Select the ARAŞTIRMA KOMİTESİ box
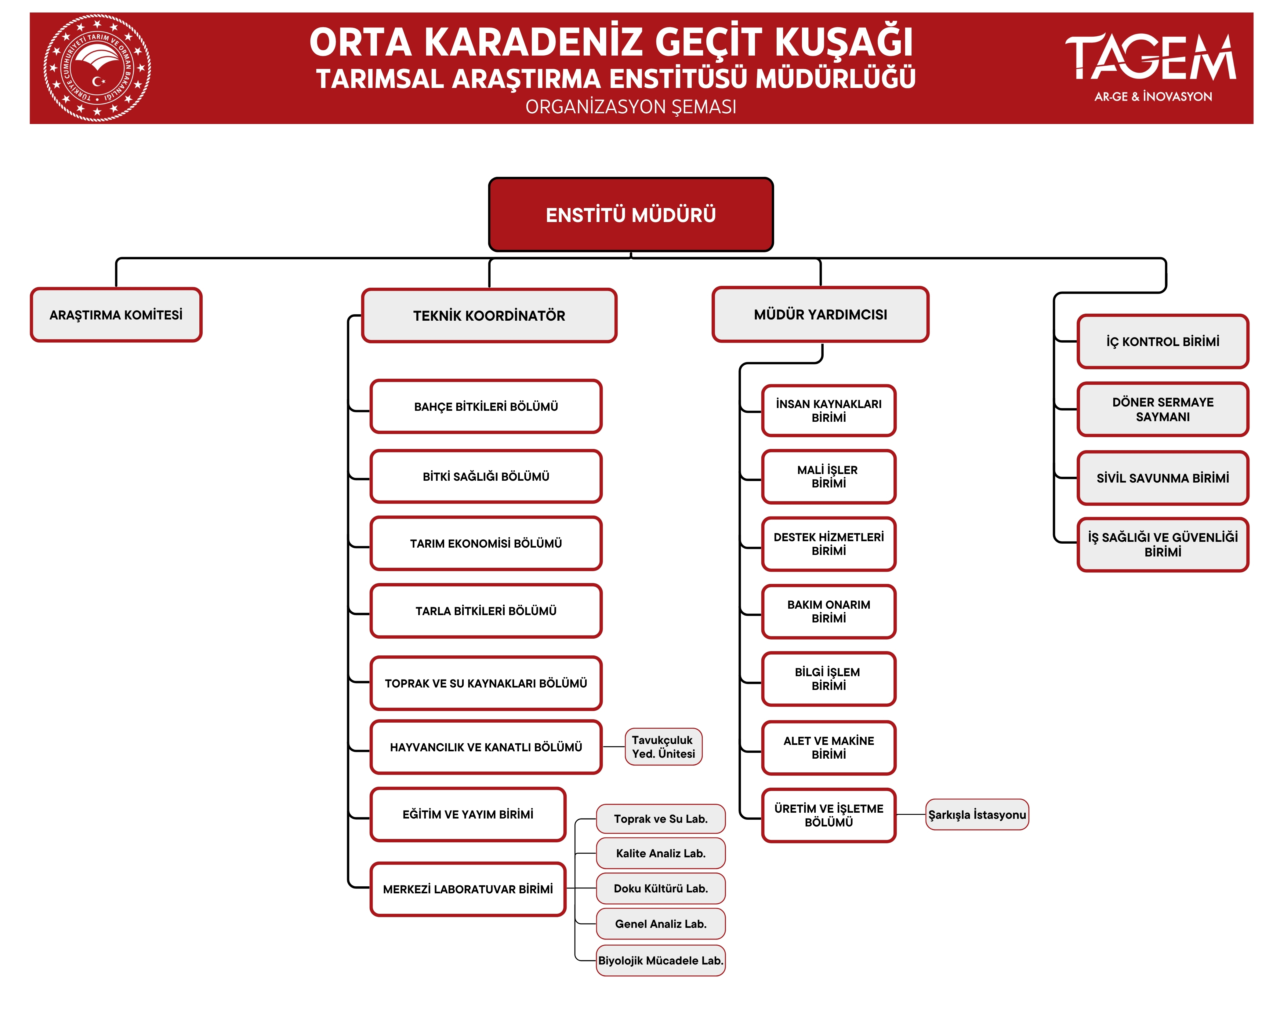[116, 315]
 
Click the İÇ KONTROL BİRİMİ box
[1162, 341]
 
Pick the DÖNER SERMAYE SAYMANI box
[1162, 409]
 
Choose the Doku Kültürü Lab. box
[661, 888]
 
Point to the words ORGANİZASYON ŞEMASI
[631, 107]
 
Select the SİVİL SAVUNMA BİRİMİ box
[1162, 478]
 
